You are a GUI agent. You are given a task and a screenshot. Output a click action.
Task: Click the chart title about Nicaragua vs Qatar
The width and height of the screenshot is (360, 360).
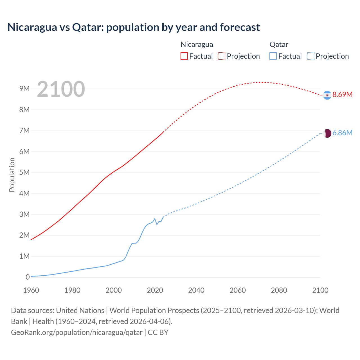point(134,27)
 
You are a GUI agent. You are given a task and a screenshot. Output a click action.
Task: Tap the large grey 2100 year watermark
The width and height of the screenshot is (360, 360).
point(61,89)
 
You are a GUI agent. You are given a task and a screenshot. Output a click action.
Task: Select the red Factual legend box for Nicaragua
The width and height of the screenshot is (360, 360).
point(184,56)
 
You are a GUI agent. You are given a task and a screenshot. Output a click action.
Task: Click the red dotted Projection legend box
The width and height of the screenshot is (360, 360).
point(222,56)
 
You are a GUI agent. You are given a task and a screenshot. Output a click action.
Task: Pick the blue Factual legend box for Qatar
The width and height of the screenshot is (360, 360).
point(273,56)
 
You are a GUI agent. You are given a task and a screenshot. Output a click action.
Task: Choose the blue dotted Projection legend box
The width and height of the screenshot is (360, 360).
point(311,56)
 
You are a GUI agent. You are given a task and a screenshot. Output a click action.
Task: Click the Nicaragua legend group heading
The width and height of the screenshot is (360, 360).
point(197,44)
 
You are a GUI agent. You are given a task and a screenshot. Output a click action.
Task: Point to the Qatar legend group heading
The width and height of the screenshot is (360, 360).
point(279,44)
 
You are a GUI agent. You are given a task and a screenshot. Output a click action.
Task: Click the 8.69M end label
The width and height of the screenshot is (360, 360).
point(342,94)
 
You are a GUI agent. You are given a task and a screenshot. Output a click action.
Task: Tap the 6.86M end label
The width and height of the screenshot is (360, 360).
point(342,133)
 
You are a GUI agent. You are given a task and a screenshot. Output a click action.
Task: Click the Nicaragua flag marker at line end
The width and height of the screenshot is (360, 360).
point(327,95)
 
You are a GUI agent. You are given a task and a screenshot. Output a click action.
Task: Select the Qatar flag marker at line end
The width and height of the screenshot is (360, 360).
point(327,133)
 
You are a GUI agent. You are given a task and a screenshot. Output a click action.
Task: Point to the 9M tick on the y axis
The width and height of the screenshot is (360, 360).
point(24,89)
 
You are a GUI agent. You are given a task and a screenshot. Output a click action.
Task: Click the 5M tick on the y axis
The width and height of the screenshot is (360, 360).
point(24,172)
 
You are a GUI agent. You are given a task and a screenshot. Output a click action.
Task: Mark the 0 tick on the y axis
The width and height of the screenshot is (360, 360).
point(28,277)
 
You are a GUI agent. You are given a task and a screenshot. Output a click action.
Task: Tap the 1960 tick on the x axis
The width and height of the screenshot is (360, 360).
point(31,290)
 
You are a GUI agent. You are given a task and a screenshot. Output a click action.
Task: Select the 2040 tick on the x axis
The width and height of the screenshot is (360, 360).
point(196,290)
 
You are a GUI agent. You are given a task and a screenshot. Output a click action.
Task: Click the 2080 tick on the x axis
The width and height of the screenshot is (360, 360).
point(279,290)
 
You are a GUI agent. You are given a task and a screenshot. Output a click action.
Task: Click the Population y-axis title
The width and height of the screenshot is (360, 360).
point(12,175)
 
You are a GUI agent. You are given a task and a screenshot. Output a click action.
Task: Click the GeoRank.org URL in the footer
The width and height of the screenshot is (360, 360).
point(77,332)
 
